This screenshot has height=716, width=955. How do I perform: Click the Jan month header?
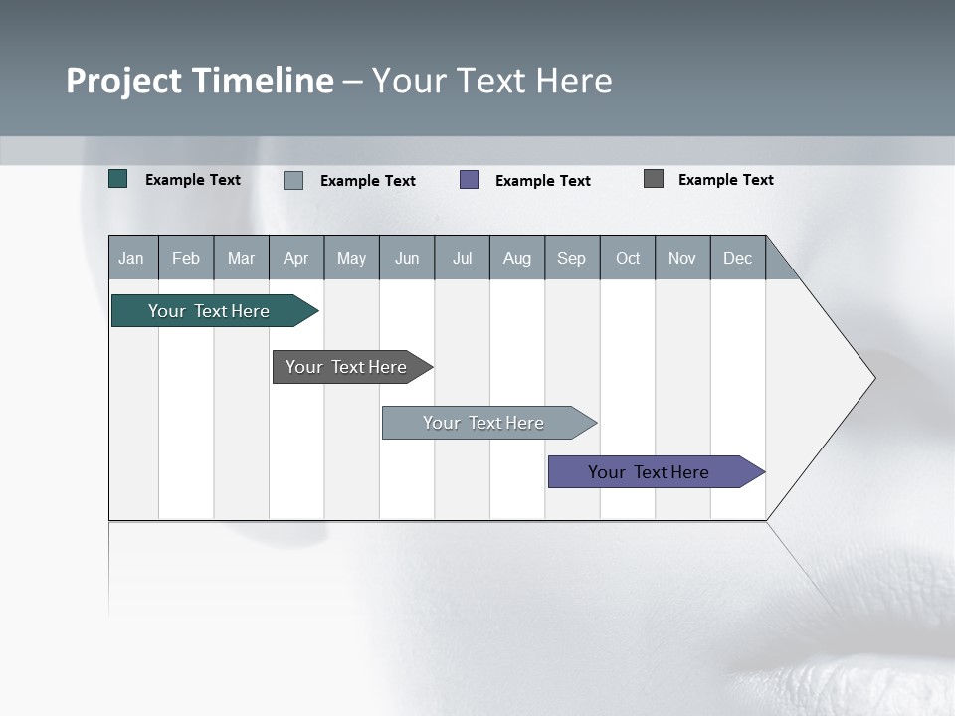coord(132,258)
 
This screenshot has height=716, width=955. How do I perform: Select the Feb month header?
coord(186,258)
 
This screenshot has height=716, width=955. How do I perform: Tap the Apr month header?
coord(296,258)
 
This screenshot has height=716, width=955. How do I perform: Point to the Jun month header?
coord(407,258)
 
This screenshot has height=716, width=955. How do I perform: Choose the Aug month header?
coord(517,258)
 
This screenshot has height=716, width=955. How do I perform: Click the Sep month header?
coord(572,258)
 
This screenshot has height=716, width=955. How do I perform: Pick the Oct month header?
coord(628,258)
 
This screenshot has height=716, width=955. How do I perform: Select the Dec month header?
coord(738,258)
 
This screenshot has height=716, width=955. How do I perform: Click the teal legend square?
coord(118,179)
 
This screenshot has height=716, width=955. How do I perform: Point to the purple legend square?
coord(470,180)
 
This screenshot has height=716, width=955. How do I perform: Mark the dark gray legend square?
coord(654,179)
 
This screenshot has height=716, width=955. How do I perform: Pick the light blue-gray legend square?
coord(293,180)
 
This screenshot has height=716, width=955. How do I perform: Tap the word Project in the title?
coord(124,81)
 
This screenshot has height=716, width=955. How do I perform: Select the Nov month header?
coord(682,258)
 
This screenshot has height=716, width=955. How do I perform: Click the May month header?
coord(351,258)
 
